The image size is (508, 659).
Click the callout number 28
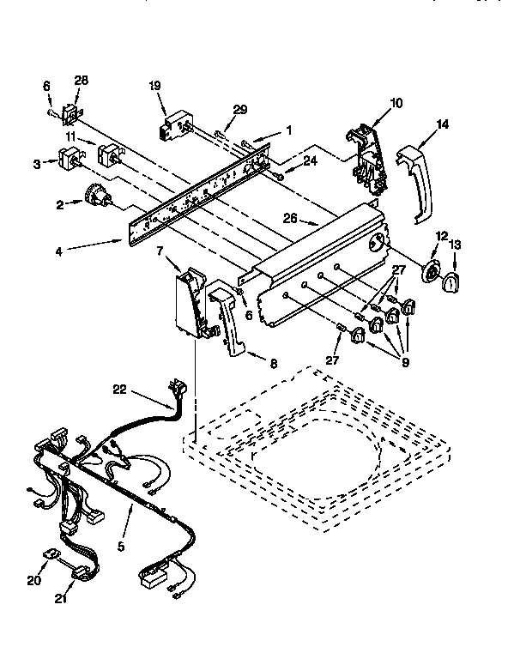[82, 81]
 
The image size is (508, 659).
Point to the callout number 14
[443, 124]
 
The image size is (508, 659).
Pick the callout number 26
[291, 218]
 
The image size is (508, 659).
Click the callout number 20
[33, 580]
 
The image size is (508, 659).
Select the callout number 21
[60, 598]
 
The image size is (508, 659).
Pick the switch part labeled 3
[68, 160]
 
